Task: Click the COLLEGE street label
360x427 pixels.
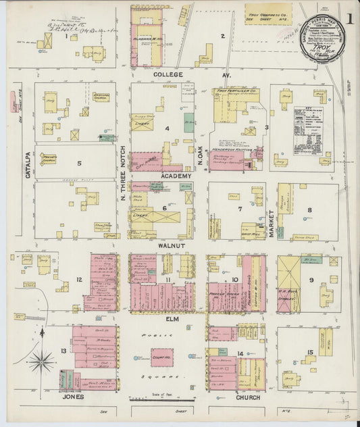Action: point(168,74)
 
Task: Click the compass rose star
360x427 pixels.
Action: point(41,361)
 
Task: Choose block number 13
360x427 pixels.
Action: point(63,351)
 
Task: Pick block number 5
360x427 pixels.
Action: point(78,163)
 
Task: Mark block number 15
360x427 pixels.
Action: point(310,352)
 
